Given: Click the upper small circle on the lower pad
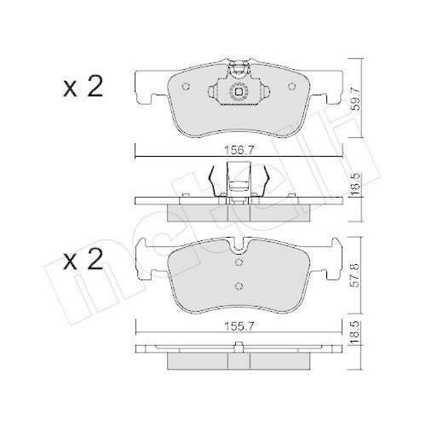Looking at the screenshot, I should pos(239,262).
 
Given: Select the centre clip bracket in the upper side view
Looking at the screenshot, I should pos(239,180).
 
